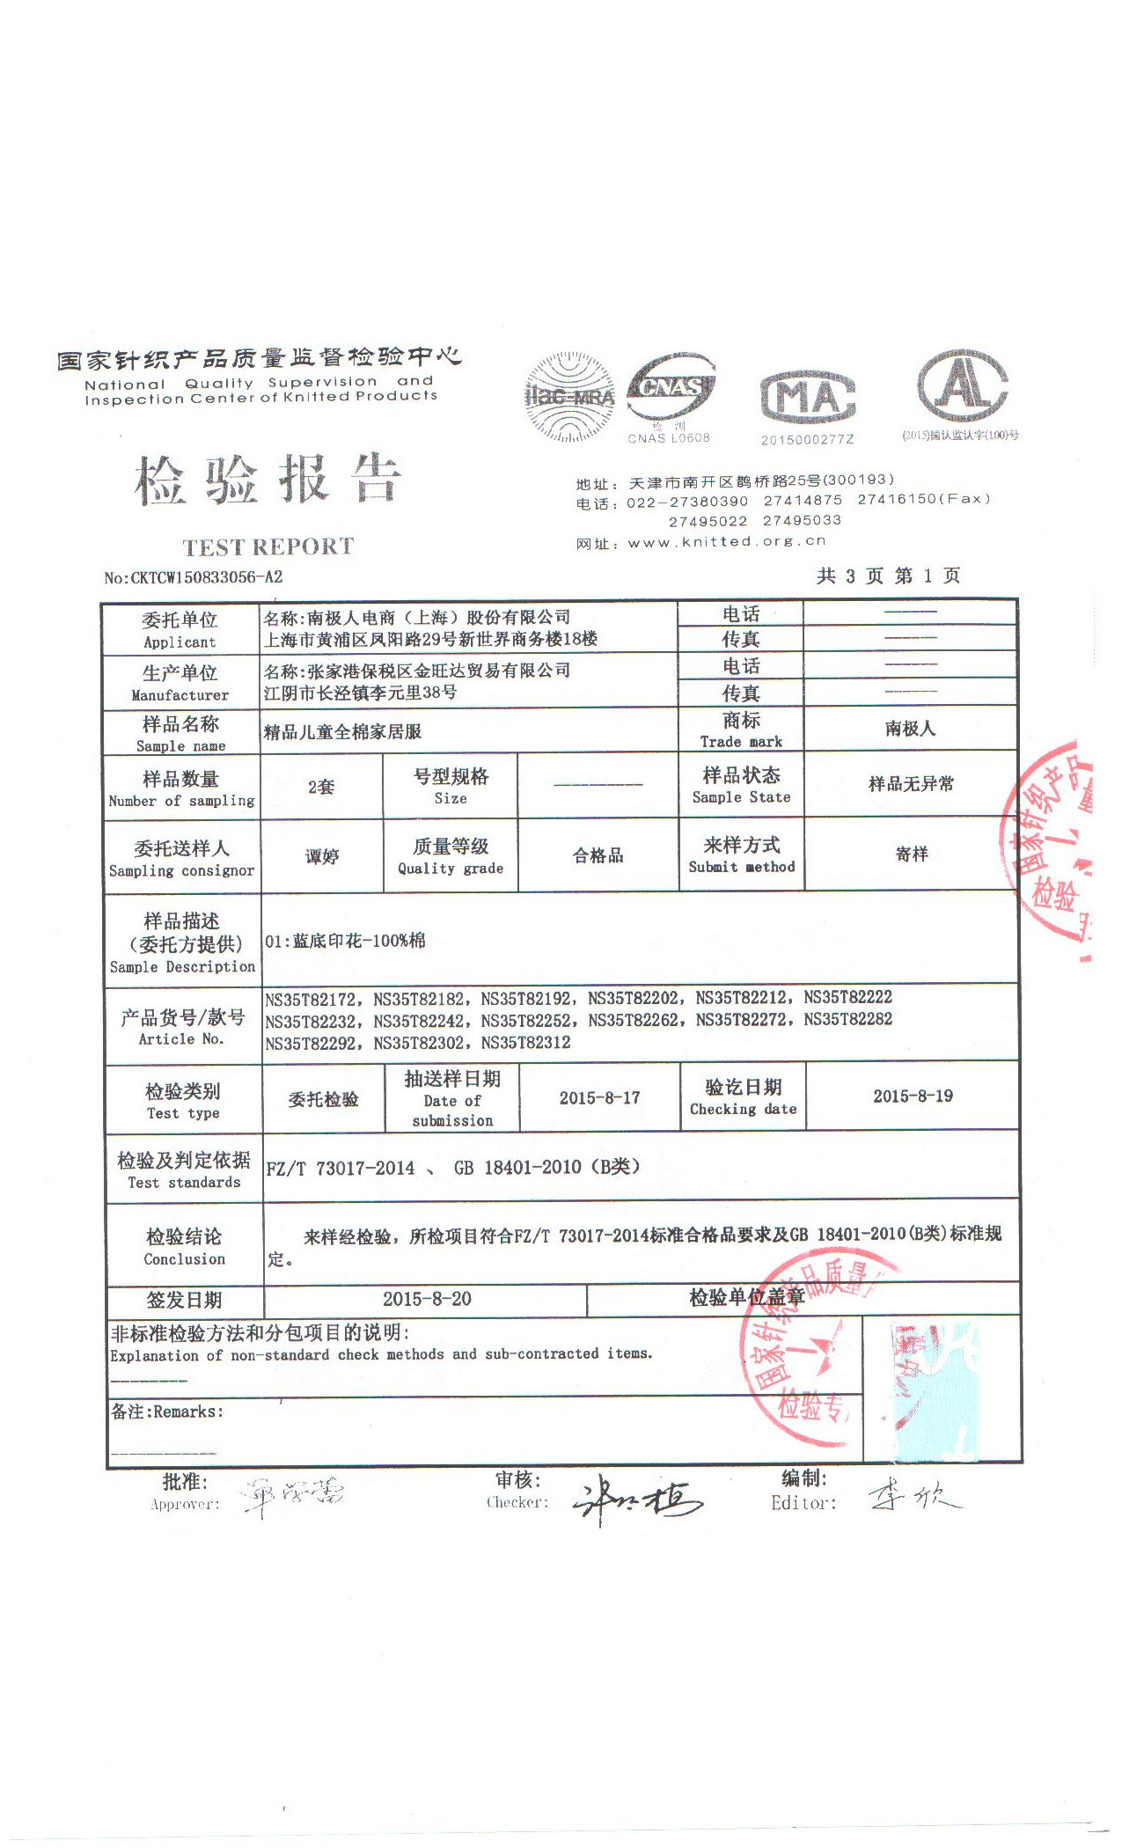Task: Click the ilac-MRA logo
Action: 569,397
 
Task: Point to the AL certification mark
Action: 962,386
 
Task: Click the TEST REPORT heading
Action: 268,547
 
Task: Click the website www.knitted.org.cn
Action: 726,542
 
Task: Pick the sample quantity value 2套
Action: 321,787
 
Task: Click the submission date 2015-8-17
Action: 599,1097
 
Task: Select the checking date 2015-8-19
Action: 913,1096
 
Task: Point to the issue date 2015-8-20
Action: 427,1299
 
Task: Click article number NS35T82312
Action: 525,1043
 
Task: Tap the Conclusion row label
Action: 184,1247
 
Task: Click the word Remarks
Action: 187,1412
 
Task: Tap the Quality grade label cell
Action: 451,856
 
